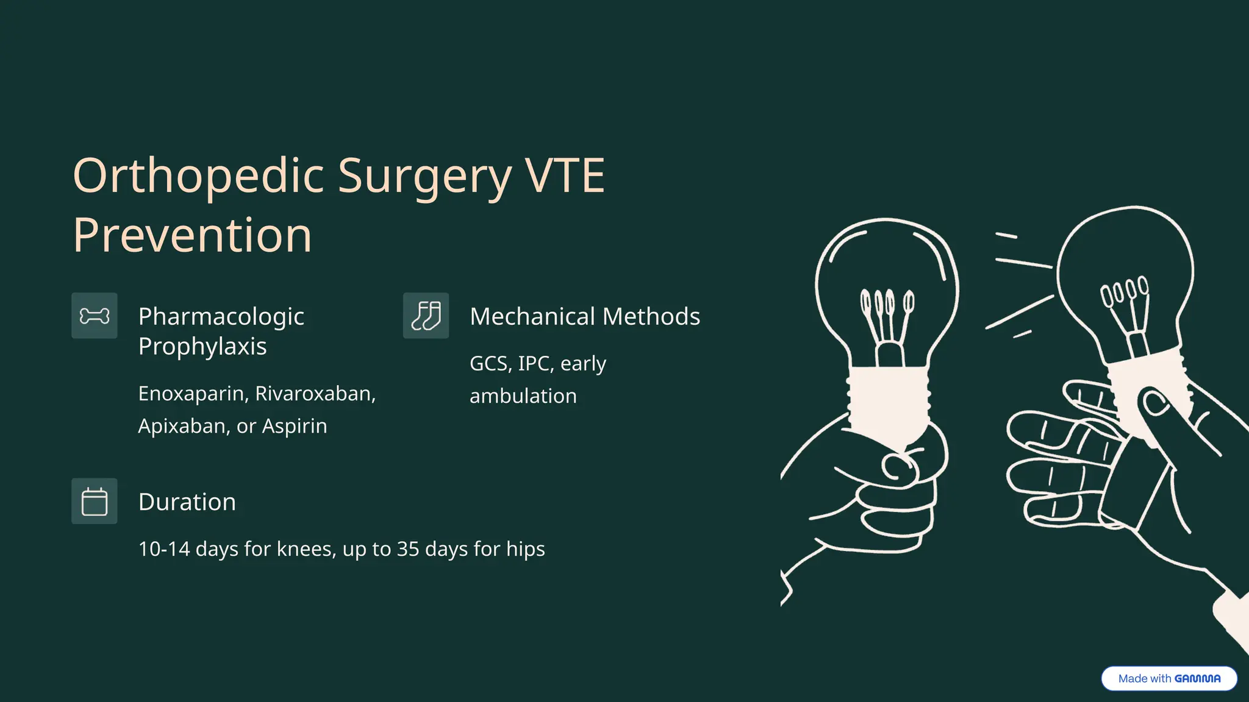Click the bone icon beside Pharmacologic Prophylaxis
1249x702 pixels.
[95, 316]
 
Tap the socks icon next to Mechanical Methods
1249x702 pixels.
[426, 316]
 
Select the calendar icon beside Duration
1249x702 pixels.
[95, 501]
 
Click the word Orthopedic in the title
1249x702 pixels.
[198, 176]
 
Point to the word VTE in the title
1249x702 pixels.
[565, 176]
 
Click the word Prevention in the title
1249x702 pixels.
[192, 235]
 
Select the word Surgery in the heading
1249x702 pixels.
[424, 176]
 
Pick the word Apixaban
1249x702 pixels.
[184, 426]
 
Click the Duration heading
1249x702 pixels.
[187, 502]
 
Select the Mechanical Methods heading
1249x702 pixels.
[585, 317]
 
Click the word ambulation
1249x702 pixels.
[523, 396]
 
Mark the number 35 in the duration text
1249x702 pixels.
[408, 549]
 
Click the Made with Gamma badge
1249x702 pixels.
[1169, 678]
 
